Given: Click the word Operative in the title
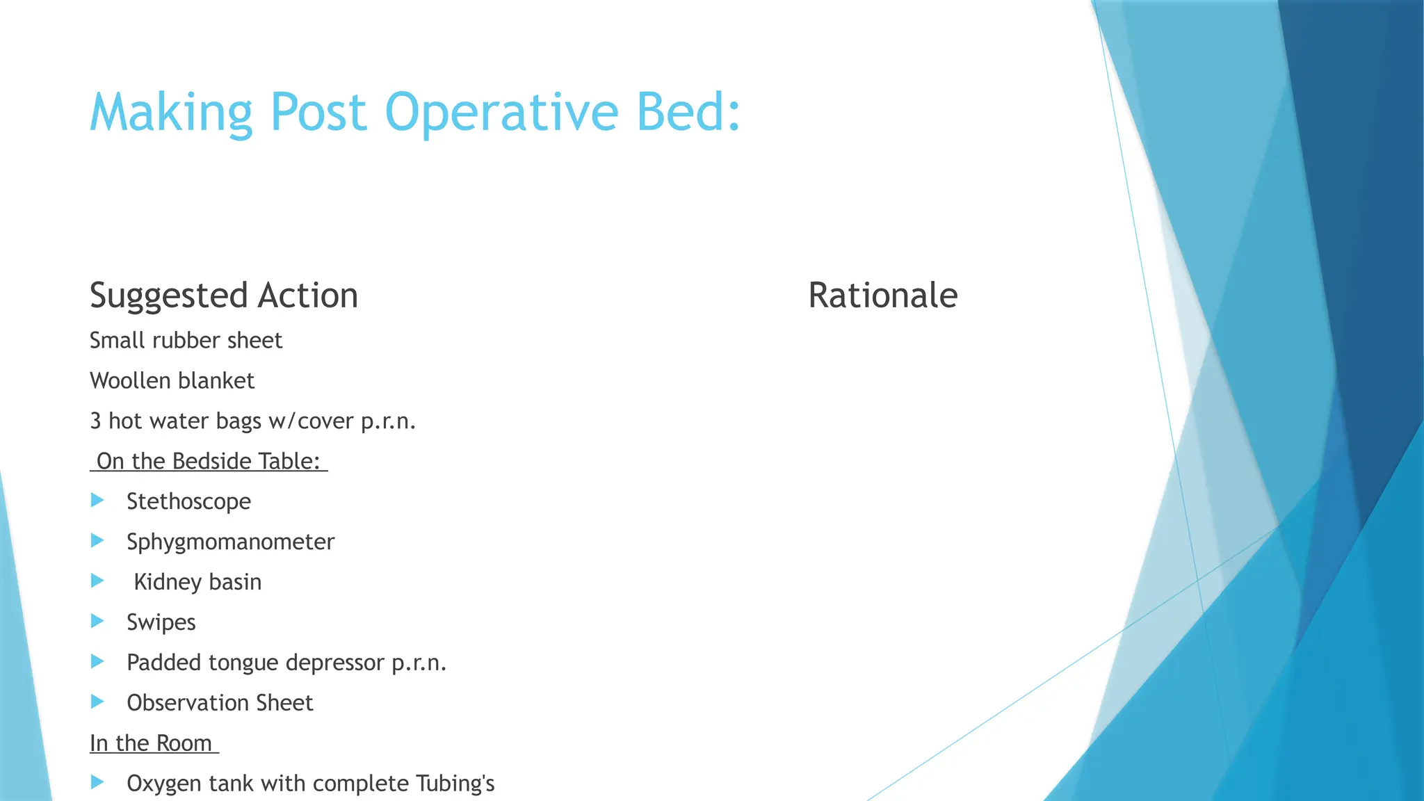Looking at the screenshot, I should click(501, 113).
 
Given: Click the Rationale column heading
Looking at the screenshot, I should click(882, 296).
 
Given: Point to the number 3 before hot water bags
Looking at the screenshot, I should click(95, 421).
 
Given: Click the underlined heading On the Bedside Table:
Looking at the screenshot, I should click(209, 462).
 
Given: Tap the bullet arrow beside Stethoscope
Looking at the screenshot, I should click(97, 501).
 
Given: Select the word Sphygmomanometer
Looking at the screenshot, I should click(230, 542).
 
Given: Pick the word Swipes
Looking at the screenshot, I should click(161, 622).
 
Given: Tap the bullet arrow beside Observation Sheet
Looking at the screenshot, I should click(97, 702).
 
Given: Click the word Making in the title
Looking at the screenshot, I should click(171, 113).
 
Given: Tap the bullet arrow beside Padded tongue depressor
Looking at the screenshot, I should click(97, 662).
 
